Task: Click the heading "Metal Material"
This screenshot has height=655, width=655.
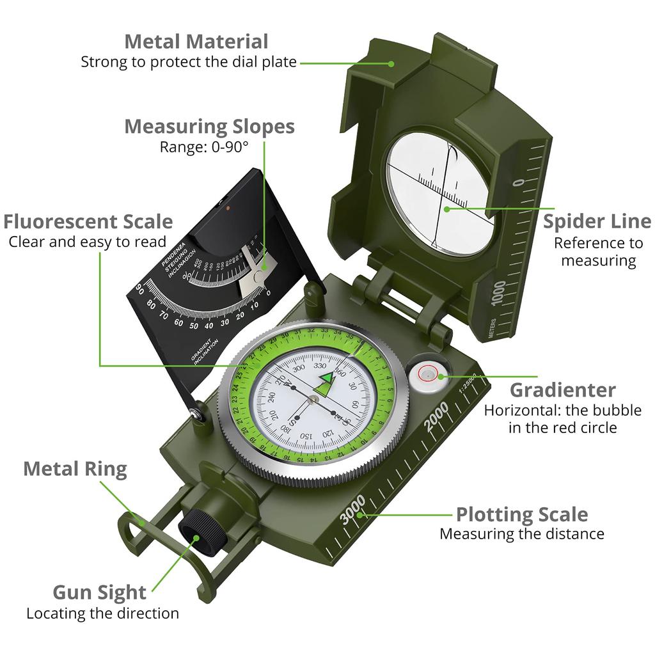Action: coord(196,42)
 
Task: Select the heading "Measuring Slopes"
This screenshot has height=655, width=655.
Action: coord(209,126)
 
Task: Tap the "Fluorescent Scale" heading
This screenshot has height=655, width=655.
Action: coord(88,221)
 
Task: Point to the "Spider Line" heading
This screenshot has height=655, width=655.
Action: coord(597,221)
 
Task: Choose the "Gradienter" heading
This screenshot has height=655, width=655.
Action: coord(563,390)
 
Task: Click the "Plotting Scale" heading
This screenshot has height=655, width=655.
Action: coord(521,514)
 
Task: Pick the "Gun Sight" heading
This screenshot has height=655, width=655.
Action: coord(99,592)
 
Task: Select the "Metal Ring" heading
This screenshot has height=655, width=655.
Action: coord(75,469)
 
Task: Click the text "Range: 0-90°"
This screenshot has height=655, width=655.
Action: coord(203,146)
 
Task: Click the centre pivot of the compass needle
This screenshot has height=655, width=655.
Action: coord(313,400)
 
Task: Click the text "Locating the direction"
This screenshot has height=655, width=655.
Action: coord(102,613)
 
